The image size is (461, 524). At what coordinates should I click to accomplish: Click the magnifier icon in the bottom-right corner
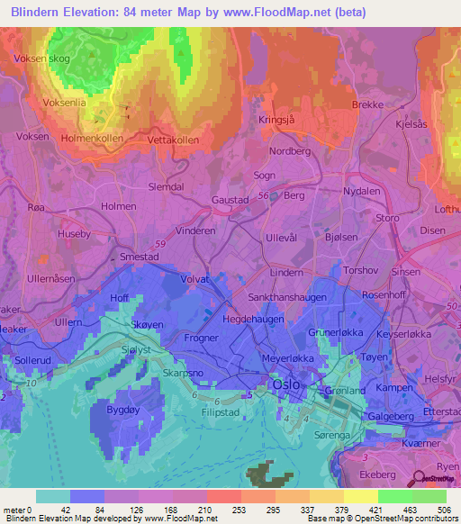click(x=420, y=481)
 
